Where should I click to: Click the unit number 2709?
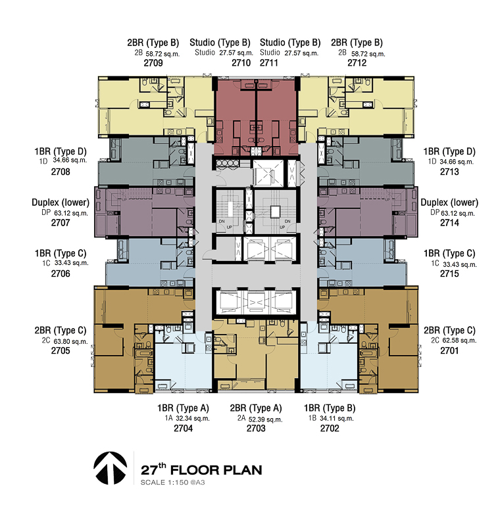tap(153, 63)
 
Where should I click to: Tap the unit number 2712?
tap(357, 63)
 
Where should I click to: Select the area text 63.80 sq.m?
tap(71, 341)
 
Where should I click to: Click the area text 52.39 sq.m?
tap(266, 419)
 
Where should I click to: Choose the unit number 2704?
tap(184, 429)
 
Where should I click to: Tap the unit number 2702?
tap(330, 429)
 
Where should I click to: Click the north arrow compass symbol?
tap(111, 468)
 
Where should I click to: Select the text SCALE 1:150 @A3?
tap(172, 483)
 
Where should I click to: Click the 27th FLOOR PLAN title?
tap(201, 469)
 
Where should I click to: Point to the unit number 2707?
tap(61, 223)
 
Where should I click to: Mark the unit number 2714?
tap(450, 223)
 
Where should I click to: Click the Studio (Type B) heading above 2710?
tap(220, 43)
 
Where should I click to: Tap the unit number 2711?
tap(269, 63)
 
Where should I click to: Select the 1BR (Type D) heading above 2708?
tap(61, 152)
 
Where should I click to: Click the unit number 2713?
tap(450, 172)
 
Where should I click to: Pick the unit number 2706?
tap(61, 274)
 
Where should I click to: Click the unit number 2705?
tap(61, 351)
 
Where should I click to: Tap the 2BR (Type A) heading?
tap(256, 408)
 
